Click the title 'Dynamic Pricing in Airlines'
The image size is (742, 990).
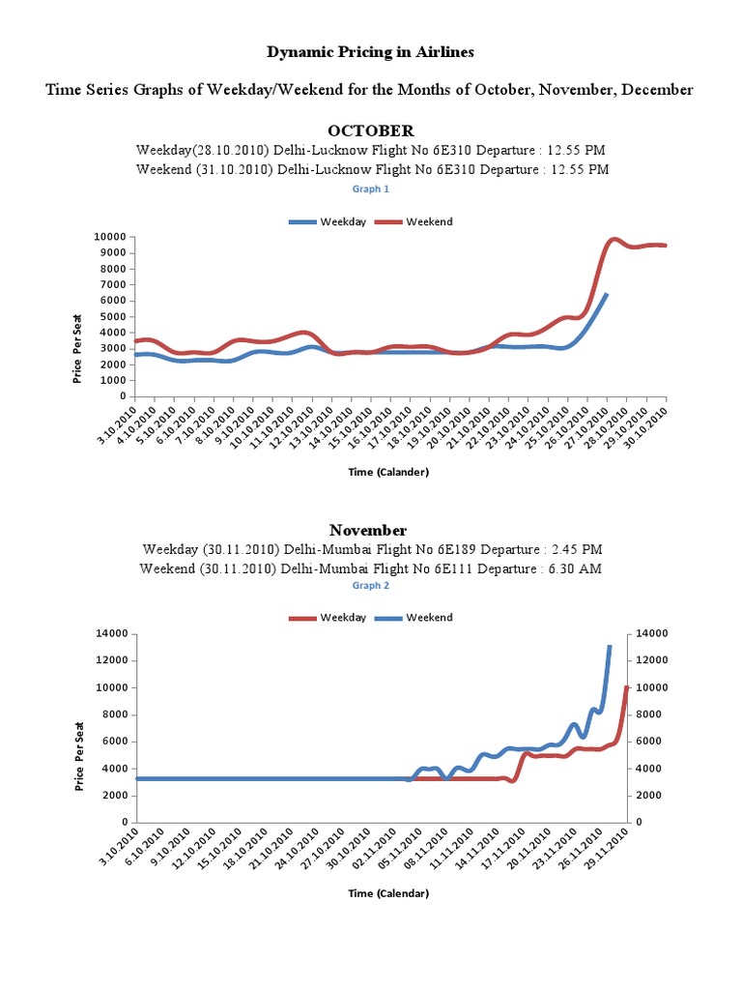pyautogui.click(x=371, y=51)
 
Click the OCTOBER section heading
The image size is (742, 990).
pyautogui.click(x=371, y=130)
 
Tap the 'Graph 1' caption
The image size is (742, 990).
pyautogui.click(x=371, y=189)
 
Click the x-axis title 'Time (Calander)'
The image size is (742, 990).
pyautogui.click(x=388, y=472)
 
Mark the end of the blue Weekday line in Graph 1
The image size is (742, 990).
pyautogui.click(x=606, y=294)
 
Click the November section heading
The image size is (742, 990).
pyautogui.click(x=368, y=530)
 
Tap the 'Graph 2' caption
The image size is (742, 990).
pyautogui.click(x=371, y=586)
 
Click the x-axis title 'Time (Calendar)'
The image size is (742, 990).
pyautogui.click(x=388, y=893)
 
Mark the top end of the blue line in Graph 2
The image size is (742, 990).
pyautogui.click(x=610, y=646)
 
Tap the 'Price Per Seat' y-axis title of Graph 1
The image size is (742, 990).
pyautogui.click(x=77, y=348)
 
